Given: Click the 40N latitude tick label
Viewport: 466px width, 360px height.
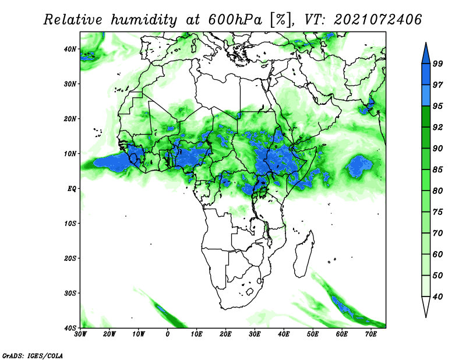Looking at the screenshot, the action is pos(70,49).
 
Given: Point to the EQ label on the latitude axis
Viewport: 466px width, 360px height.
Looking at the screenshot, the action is pos(72,189).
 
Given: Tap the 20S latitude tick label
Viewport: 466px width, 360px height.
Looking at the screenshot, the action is pos(70,258).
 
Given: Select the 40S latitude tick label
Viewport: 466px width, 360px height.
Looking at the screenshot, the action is pos(70,328).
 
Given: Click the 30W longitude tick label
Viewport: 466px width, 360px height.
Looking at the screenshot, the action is pos(80,334).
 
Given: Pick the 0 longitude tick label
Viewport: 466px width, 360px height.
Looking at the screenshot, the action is pos(168,334).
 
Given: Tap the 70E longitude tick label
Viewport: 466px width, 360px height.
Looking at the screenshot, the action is pos(371,334).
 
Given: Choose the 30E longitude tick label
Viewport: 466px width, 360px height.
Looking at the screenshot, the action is pos(255,334).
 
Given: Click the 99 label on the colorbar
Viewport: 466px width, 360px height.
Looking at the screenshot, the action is pos(438,63).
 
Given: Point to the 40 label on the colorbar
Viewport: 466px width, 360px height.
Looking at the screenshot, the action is pos(438,297).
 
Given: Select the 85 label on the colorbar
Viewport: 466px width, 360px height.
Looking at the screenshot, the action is pos(438,170).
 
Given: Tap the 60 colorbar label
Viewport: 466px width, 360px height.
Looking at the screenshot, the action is pos(438,255).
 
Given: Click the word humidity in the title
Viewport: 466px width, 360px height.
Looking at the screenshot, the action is pos(144,20).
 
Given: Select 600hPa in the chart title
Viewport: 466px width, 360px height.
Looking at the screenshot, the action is pos(235,20).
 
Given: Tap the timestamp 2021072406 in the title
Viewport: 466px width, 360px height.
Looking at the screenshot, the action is pos(377,20).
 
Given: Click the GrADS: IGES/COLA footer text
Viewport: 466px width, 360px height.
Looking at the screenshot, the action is pos(33,356).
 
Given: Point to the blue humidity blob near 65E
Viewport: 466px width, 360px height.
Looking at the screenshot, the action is pos(359,166).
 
